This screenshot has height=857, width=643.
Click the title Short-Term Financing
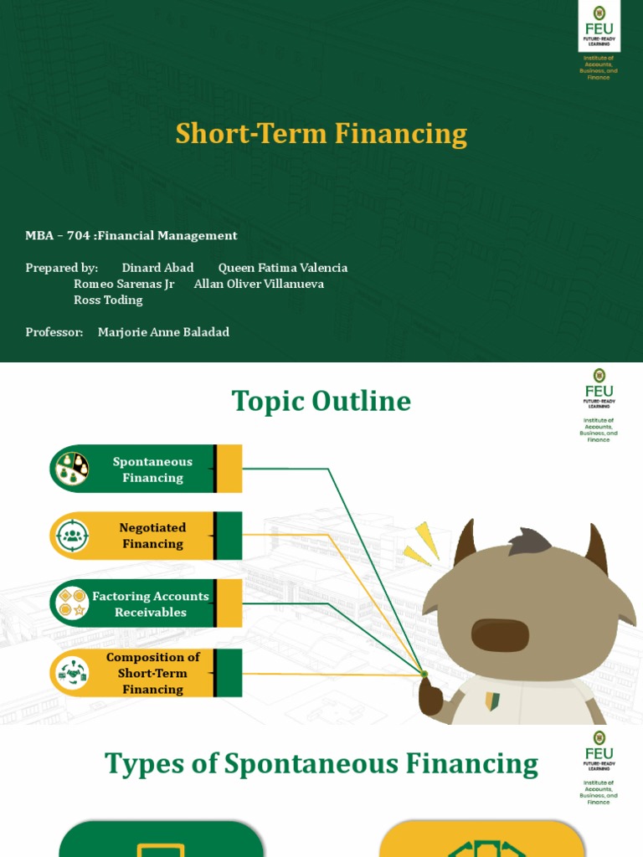(x=321, y=134)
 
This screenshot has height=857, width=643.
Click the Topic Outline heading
(x=321, y=402)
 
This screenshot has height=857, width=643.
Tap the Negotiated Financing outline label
(x=152, y=536)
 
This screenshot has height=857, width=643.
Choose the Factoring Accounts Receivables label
(x=151, y=603)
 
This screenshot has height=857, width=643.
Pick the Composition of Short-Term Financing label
(x=152, y=673)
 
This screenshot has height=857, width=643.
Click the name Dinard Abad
(x=157, y=268)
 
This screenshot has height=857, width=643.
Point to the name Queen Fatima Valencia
(x=282, y=268)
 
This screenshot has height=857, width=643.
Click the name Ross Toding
(x=108, y=300)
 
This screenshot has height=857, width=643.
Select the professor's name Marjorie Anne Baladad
(x=163, y=332)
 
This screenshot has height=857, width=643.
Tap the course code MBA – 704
(x=58, y=236)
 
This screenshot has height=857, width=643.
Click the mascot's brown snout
(x=500, y=634)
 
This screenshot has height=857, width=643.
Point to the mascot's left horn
(x=464, y=543)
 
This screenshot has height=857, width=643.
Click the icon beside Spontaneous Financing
(x=71, y=469)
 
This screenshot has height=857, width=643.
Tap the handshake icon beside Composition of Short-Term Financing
(x=71, y=674)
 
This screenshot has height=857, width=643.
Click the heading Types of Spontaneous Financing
(x=321, y=764)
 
